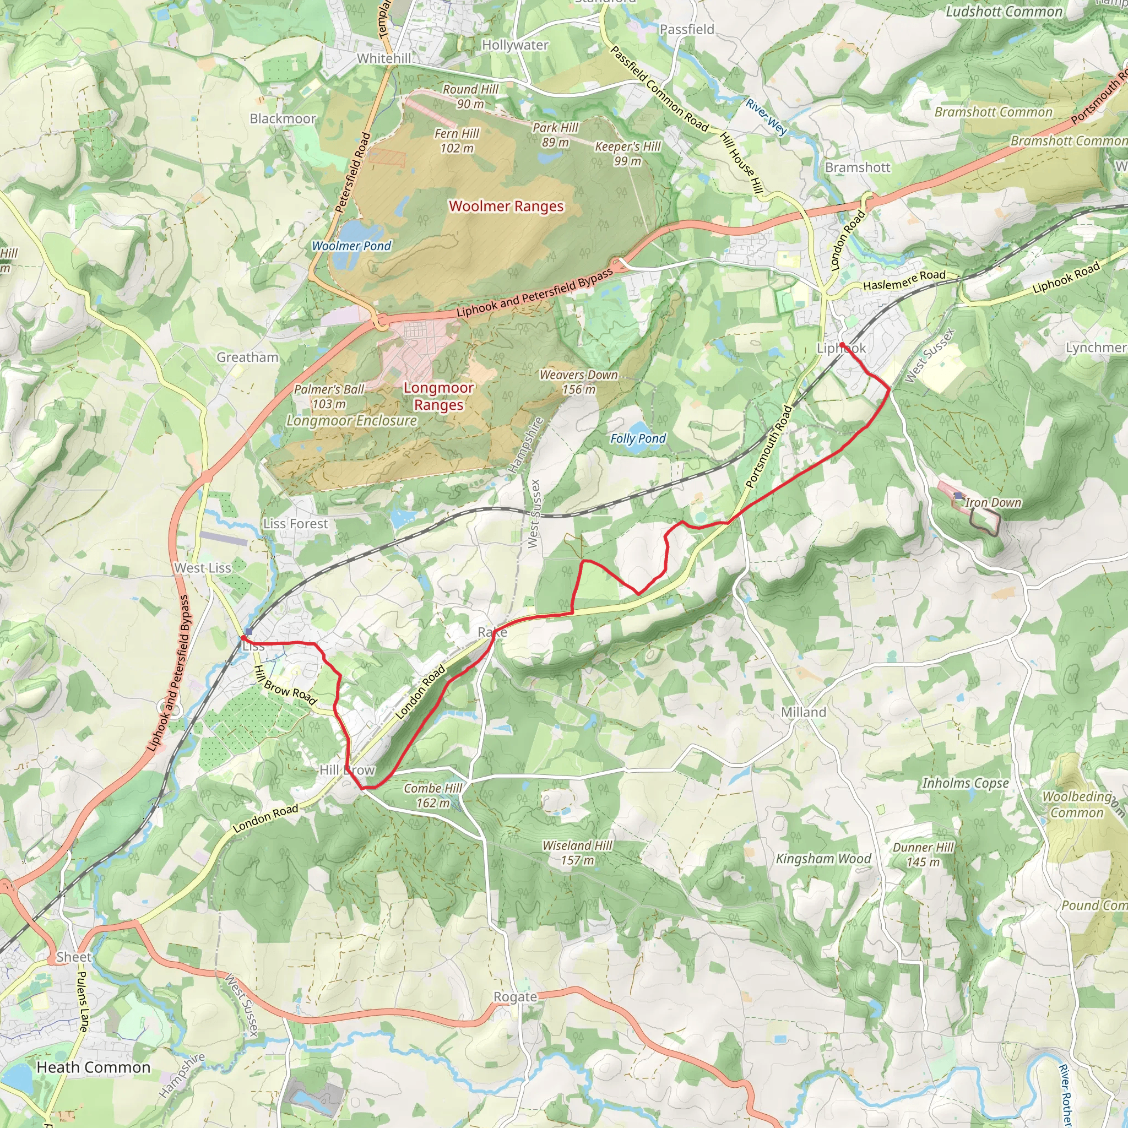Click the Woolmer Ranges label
pos(506,206)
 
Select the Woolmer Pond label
pos(351,246)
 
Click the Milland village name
pos(804,712)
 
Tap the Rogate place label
pos(514,996)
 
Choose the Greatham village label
pos(247,357)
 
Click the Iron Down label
pos(993,502)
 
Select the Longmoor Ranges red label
pos(438,396)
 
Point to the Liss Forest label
pos(295,524)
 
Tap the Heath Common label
pos(94,1067)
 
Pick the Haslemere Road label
pos(904,280)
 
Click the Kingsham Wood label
pos(823,858)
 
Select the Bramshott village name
pos(857,167)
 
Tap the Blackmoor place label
pos(283,118)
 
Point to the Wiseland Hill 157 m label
pos(577,853)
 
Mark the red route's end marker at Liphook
pos(842,344)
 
